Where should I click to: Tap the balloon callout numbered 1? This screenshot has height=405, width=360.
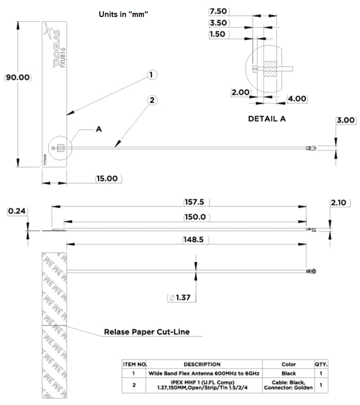pos(151,75)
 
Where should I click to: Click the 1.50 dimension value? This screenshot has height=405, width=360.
pos(219,34)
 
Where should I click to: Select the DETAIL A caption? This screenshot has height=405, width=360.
pos(267,119)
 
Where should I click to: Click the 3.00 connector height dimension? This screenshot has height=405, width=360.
pos(346,120)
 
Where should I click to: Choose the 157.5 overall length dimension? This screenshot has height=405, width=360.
pos(195,201)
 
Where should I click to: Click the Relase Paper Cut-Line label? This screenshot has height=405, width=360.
pos(147,332)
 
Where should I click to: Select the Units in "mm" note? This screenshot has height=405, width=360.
pos(123,14)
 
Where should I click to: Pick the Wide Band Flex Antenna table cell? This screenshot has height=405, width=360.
pos(205,374)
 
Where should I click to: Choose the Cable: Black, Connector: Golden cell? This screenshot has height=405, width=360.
pos(289,385)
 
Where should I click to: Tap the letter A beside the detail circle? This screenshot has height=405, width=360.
pos(99,130)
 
